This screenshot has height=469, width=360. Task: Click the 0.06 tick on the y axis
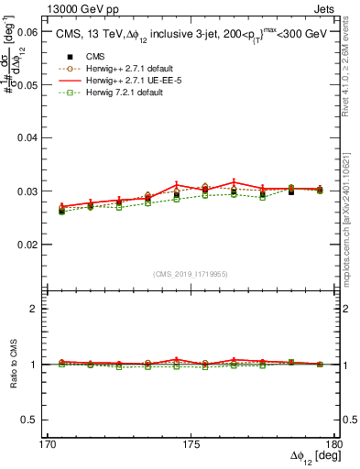tap(29, 31)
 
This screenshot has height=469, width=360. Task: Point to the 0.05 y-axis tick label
tap(29, 84)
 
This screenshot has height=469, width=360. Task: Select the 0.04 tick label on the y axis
tap(29, 137)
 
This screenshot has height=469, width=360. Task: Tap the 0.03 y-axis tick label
tap(29, 191)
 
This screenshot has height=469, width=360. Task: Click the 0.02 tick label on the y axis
tap(29, 245)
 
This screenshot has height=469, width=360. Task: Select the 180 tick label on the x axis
tap(334, 444)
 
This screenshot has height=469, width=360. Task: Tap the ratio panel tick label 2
tap(37, 309)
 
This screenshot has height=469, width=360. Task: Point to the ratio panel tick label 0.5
tap(33, 420)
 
